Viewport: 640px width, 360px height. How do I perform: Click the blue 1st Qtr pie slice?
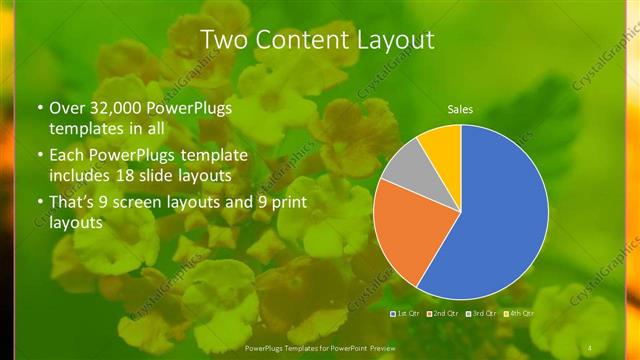click(495, 215)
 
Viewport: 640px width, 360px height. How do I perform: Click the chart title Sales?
click(460, 109)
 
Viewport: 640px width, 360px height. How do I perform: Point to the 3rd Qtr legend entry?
click(484, 314)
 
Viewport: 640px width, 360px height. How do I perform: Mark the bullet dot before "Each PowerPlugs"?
click(40, 156)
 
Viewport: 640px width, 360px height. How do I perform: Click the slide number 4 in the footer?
click(590, 347)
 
